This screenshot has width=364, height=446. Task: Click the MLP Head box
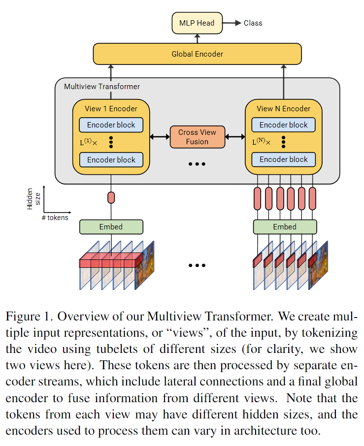coord(197,23)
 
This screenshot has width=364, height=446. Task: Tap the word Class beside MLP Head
coord(253,23)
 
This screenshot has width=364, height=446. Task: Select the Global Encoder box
coord(197,54)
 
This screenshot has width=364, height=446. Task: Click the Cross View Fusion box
coord(197,137)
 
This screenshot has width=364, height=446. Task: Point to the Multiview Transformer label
coord(102,87)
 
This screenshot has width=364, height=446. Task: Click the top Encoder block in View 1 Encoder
coord(111,125)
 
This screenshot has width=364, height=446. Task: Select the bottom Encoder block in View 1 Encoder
coord(111,159)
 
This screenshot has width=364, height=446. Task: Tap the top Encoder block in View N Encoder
coord(283,125)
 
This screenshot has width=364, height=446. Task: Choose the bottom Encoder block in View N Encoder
coord(283,159)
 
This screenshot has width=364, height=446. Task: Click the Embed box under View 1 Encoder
coord(111,227)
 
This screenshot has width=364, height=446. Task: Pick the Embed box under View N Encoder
coord(285,227)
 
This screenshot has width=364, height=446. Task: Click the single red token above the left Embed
coord(111,198)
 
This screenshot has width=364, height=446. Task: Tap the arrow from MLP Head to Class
coord(232,23)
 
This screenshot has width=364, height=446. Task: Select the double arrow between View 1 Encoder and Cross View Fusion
coord(160,137)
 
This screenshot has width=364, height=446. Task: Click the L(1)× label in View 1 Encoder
coord(88,142)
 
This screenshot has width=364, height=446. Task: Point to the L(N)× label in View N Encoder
coord(261,141)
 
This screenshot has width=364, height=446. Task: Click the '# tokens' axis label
coord(55,218)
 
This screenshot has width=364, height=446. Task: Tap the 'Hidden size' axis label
coord(33,199)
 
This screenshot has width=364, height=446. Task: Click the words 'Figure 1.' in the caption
coord(30,317)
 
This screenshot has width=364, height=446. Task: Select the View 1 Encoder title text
coord(111,109)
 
